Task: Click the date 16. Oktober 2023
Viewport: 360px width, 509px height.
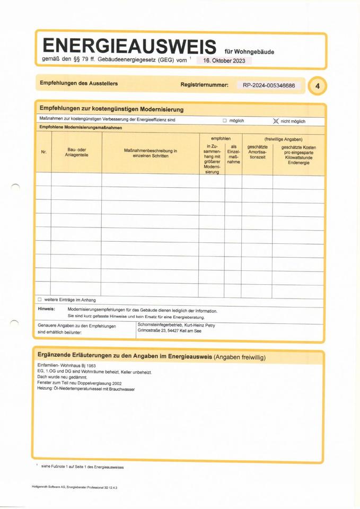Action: tap(224, 60)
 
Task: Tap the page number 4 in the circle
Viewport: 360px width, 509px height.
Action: tap(317, 85)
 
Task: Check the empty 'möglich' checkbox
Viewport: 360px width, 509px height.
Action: tap(224, 121)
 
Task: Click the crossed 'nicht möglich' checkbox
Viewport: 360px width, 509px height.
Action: tap(276, 121)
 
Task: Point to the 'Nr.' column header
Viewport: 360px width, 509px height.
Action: tap(43, 153)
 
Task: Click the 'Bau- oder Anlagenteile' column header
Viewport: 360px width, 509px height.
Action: tap(77, 153)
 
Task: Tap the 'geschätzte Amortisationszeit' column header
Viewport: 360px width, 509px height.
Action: tap(257, 152)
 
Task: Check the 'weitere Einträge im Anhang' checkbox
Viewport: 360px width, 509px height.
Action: tap(40, 300)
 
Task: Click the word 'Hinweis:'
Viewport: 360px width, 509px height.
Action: tap(46, 309)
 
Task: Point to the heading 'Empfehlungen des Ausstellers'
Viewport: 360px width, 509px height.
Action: tap(78, 84)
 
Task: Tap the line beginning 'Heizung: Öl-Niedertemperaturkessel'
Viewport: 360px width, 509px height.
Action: tap(86, 389)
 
